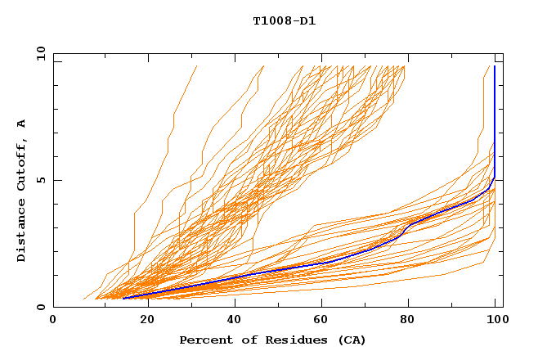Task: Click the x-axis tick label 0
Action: [x=53, y=320]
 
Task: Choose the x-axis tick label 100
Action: [x=497, y=320]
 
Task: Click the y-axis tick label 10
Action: [x=39, y=53]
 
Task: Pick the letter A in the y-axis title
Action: [x=22, y=123]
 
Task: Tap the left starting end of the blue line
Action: [x=123, y=298]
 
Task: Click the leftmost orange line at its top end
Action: [x=197, y=66]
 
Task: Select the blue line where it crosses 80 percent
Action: [x=408, y=225]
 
